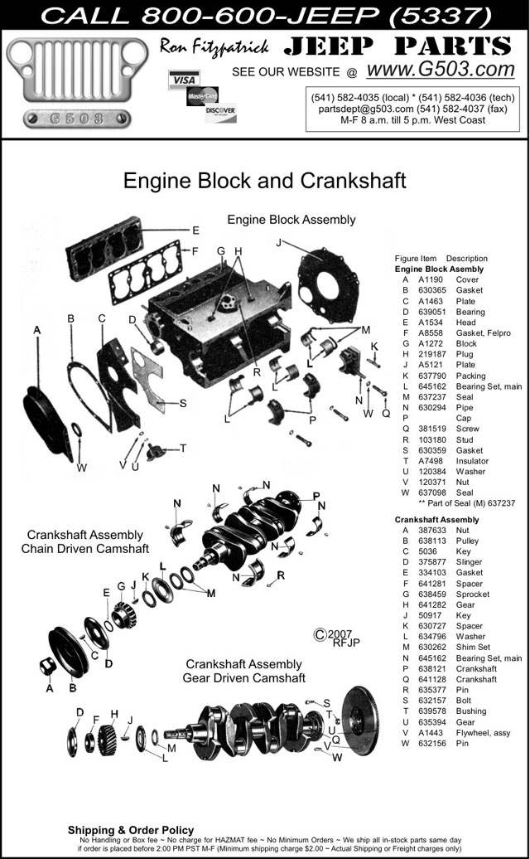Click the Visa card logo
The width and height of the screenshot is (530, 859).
click(184, 80)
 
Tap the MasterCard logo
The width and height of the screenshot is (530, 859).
click(202, 96)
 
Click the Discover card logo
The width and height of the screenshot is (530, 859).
click(221, 112)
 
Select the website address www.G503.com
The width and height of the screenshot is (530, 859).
click(441, 70)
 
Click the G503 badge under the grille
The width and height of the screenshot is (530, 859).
click(76, 119)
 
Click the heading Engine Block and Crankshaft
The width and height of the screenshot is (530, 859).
click(265, 180)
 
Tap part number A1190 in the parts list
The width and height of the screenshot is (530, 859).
click(430, 279)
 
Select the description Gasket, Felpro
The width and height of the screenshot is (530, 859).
click(484, 333)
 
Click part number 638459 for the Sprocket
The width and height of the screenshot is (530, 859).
click(432, 594)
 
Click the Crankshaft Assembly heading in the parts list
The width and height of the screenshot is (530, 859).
click(437, 519)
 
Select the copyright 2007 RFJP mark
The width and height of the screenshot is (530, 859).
click(337, 638)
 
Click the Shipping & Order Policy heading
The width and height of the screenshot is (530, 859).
click(131, 830)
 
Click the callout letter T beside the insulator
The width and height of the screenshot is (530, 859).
click(183, 448)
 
